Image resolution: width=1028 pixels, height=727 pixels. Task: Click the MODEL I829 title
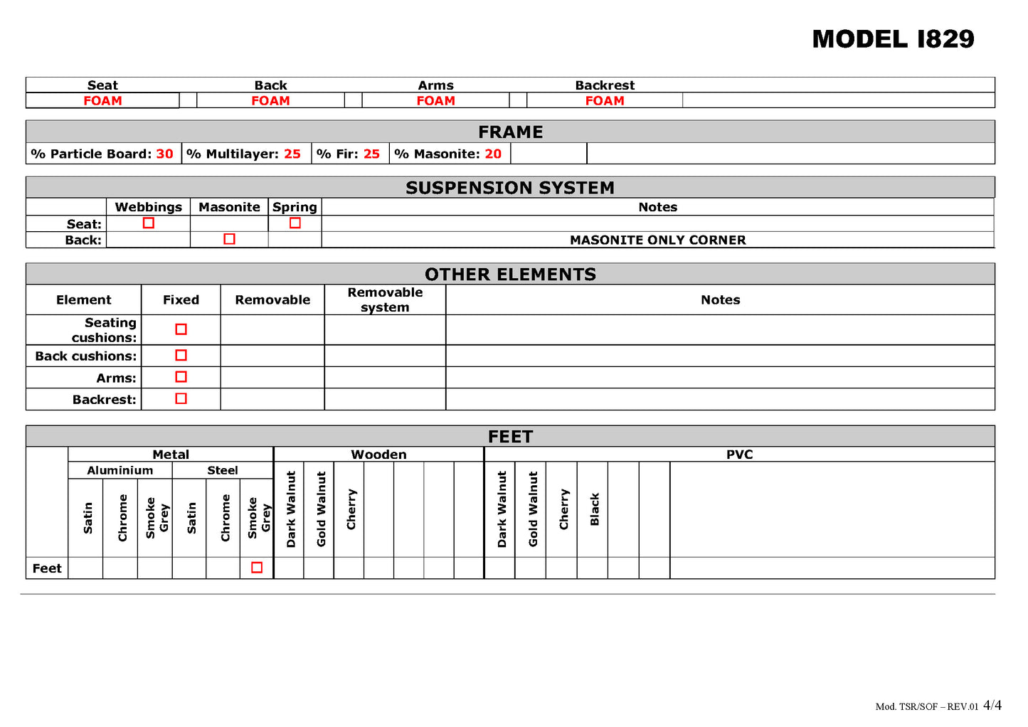pyautogui.click(x=893, y=39)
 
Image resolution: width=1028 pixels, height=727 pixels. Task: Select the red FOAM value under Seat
pyautogui.click(x=102, y=101)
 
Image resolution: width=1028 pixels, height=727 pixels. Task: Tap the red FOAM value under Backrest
pyautogui.click(x=605, y=101)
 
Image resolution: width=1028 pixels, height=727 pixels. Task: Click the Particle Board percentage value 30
pyautogui.click(x=164, y=154)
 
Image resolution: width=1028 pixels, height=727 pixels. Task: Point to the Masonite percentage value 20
pyautogui.click(x=493, y=154)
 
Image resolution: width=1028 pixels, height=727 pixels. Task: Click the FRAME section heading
pyautogui.click(x=510, y=132)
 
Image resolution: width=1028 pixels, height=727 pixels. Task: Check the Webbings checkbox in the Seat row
pyautogui.click(x=149, y=223)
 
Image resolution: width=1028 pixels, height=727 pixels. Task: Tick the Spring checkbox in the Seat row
pyautogui.click(x=295, y=223)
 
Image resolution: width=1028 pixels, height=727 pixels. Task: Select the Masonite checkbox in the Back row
pyautogui.click(x=229, y=239)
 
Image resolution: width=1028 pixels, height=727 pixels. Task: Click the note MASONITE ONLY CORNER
pyautogui.click(x=657, y=240)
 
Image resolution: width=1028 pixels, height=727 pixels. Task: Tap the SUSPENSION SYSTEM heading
pyautogui.click(x=510, y=188)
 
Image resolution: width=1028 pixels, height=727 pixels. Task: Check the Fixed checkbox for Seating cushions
pyautogui.click(x=181, y=329)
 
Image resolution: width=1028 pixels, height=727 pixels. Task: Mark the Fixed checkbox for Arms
pyautogui.click(x=181, y=377)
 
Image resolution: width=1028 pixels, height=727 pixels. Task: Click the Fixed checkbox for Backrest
pyautogui.click(x=181, y=398)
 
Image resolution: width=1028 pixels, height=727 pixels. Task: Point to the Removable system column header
pyautogui.click(x=385, y=299)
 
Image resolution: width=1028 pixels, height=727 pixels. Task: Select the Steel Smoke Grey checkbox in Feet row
pyautogui.click(x=257, y=568)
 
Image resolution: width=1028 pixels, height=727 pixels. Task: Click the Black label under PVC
pyautogui.click(x=595, y=509)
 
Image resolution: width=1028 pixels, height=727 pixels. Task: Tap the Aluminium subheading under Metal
pyautogui.click(x=120, y=470)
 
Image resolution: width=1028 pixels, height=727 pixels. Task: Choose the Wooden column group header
pyautogui.click(x=378, y=455)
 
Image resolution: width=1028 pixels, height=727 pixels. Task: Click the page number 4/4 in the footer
pyautogui.click(x=992, y=706)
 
